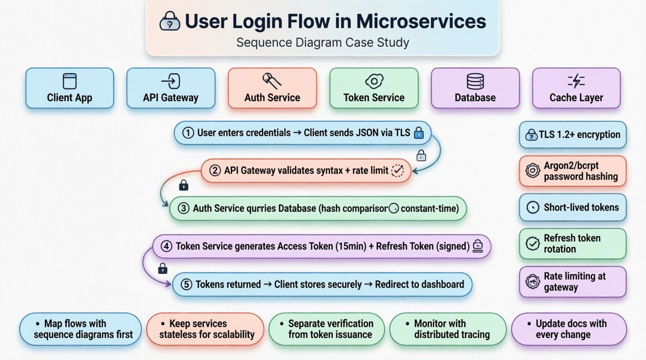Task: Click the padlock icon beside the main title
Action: coord(170,21)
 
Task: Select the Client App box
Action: coord(70,88)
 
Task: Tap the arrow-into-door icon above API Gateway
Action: coord(171,81)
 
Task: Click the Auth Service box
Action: coord(272,88)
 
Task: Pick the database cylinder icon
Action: coord(475,81)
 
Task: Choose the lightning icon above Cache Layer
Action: coord(576,81)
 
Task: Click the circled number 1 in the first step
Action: coord(188,133)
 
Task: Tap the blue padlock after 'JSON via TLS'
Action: coord(419,133)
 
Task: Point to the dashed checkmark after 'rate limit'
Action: coord(398,171)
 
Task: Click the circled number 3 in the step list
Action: coord(184,208)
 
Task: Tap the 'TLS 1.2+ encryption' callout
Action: coord(573,135)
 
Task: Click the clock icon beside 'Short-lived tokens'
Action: coord(533,208)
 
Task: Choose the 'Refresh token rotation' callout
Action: coord(573,244)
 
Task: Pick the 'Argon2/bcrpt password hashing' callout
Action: coord(573,171)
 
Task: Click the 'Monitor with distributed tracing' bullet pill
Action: coord(448,329)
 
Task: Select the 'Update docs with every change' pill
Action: coord(569,329)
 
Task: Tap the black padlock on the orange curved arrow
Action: coord(184,185)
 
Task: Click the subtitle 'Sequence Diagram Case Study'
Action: coord(323,42)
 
